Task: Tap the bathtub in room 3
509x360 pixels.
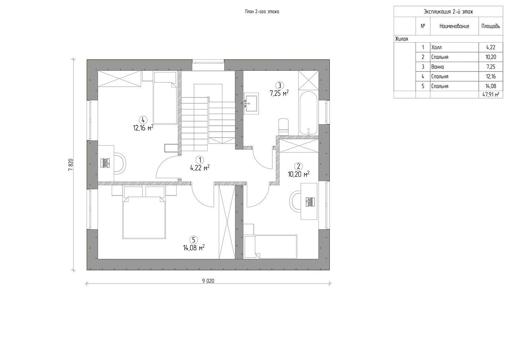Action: pos(308,113)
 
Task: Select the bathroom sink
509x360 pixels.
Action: pos(251,103)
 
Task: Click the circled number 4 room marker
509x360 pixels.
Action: pos(143,120)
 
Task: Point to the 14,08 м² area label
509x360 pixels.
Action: pos(194,247)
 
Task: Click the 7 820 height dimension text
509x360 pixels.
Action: pos(71,165)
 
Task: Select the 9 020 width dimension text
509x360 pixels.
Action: pos(208,281)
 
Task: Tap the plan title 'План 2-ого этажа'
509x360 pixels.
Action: pos(262,12)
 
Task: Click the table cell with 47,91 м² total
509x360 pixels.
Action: pos(491,95)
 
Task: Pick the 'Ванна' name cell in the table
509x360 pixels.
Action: pos(454,66)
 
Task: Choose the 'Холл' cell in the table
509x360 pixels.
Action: pos(454,47)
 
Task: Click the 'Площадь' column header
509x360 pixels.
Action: pos(491,26)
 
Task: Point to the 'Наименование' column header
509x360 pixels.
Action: pos(454,26)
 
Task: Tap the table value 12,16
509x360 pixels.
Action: pos(491,76)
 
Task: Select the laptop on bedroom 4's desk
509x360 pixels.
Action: pos(105,163)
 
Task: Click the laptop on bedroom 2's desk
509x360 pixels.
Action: pos(310,202)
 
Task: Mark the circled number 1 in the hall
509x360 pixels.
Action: pos(200,160)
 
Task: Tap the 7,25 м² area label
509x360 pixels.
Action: pos(279,93)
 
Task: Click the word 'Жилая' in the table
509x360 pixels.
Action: pos(402,39)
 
